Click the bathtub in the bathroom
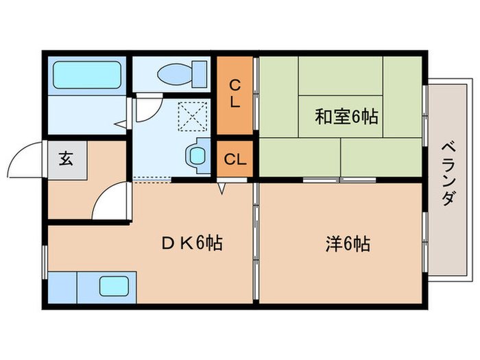(86, 74)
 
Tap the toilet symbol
(182, 72)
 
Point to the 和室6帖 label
(346, 117)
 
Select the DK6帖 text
(191, 243)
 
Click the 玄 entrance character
(66, 159)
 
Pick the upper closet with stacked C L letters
(235, 95)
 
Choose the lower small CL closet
(235, 159)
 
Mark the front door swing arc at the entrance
(26, 159)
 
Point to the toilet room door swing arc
(146, 109)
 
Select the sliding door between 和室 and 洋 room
(339, 180)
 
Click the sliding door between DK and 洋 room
(255, 240)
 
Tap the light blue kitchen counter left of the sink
(63, 286)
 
